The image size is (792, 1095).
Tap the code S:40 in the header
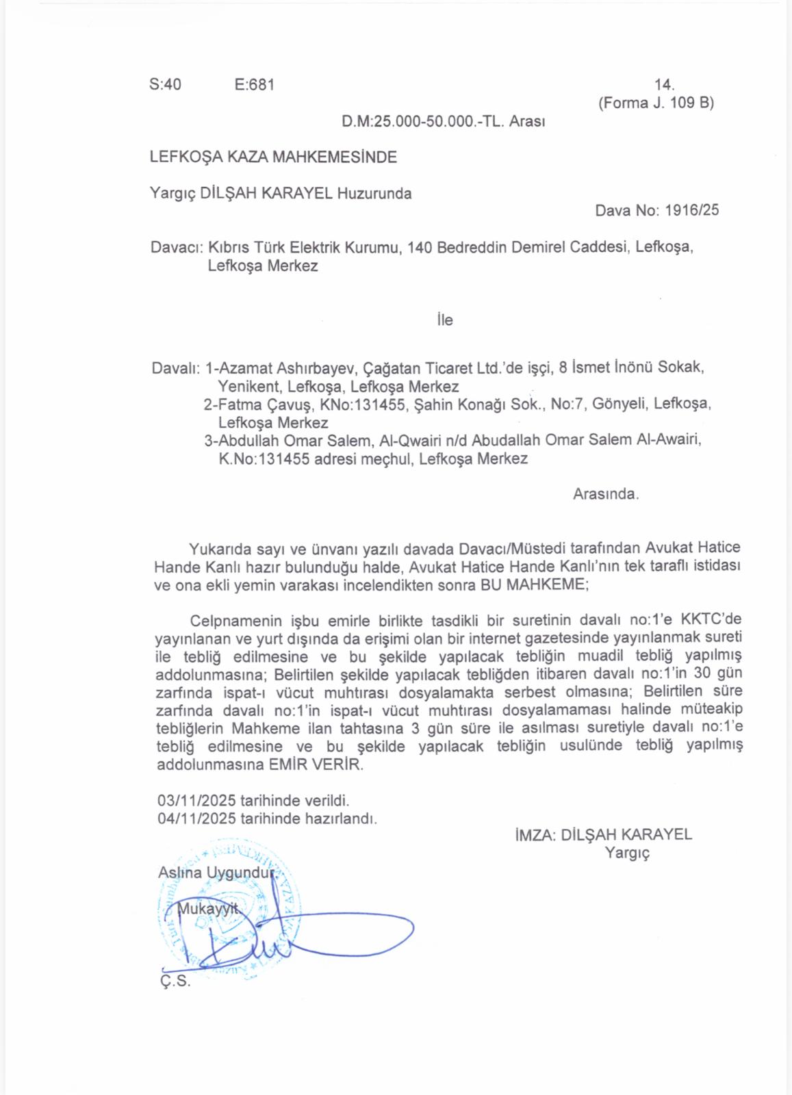pos(165,85)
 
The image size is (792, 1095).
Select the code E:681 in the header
pos(254,85)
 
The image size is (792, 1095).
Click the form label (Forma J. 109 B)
pos(656,103)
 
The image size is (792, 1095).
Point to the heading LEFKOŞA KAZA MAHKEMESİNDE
pos(273,157)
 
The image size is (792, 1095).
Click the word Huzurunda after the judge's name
pos(374,194)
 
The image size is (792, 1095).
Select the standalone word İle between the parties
pos(445,320)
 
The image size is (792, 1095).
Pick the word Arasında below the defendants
pos(605,494)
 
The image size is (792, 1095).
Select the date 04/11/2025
pos(196,819)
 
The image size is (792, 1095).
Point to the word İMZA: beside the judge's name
pos(535,835)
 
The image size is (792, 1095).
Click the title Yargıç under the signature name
pos(626,853)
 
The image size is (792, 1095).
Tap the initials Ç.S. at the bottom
pos(175,981)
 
